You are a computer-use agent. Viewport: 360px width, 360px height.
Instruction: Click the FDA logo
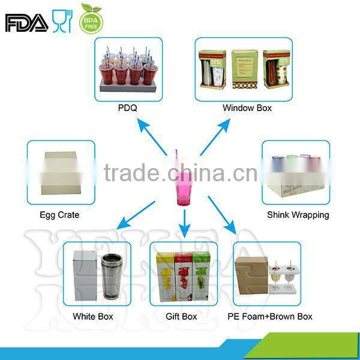pyautogui.click(x=26, y=23)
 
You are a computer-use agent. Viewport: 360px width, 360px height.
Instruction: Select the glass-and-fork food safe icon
pyautogui.click(x=62, y=21)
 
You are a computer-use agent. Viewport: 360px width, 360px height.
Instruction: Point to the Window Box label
pyautogui.click(x=247, y=109)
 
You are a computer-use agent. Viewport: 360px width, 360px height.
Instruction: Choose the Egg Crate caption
pyautogui.click(x=59, y=215)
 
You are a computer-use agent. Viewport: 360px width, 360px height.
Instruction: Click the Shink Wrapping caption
pyautogui.click(x=298, y=215)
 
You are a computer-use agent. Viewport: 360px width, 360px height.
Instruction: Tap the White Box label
pyautogui.click(x=92, y=316)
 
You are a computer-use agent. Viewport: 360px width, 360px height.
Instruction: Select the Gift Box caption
pyautogui.click(x=181, y=316)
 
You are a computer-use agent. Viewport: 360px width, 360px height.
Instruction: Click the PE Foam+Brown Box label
pyautogui.click(x=269, y=316)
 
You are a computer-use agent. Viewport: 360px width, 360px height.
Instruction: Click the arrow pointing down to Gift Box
pyautogui.click(x=185, y=222)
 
